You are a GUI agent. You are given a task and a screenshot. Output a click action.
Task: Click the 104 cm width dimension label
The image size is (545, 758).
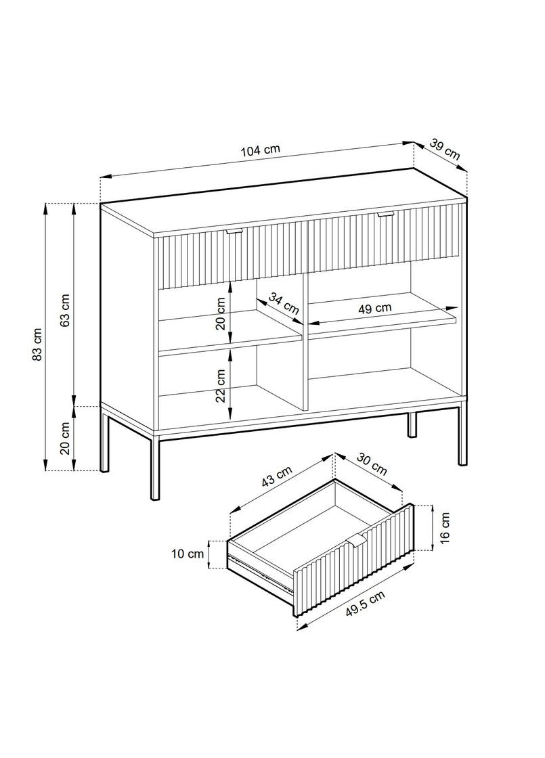point(260,151)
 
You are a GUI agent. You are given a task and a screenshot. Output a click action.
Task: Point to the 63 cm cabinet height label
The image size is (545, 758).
point(64,309)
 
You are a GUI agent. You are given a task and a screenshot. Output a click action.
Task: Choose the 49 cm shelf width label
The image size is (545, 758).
point(374,309)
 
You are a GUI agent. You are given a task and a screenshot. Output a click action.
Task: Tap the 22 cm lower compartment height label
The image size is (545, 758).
point(221,386)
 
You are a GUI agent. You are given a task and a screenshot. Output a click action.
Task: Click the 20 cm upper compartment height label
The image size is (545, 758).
point(221,313)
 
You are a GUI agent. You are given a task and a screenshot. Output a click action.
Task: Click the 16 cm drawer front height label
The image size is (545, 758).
point(445,529)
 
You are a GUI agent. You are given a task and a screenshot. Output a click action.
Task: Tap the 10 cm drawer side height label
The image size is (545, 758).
point(188,554)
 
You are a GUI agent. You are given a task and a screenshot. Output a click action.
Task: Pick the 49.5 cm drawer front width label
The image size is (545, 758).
point(365,604)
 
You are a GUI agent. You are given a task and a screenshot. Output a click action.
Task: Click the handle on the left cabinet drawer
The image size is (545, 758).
point(234,232)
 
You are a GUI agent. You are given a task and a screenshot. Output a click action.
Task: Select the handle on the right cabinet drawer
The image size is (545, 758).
point(386,215)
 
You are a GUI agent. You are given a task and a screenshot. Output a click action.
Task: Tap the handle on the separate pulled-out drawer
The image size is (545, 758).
point(358,539)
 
